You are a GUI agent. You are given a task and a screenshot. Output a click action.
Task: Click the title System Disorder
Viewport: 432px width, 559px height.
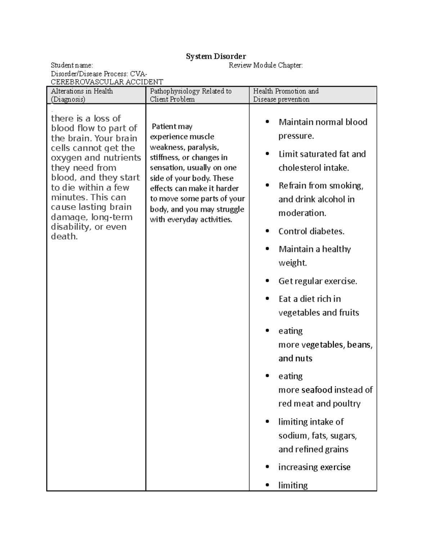[216, 56]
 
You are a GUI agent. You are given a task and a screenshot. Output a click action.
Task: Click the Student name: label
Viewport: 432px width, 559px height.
[72, 65]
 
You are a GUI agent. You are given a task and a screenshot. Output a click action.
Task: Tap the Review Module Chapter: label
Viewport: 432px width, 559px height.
[266, 65]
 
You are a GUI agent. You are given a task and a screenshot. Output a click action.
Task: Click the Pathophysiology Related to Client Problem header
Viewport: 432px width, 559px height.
[190, 95]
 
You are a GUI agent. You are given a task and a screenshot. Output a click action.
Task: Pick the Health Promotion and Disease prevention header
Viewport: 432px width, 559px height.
[285, 95]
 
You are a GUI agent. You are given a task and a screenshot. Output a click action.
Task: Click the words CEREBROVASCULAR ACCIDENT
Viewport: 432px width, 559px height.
[107, 82]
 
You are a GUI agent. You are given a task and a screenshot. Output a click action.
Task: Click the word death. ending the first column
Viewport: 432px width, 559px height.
[64, 236]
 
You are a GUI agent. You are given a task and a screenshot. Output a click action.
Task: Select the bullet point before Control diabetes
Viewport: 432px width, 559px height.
[267, 231]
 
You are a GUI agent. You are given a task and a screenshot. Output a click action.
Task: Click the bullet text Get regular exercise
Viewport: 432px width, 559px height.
[318, 281]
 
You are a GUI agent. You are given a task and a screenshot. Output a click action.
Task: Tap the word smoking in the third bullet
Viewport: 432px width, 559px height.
[346, 186]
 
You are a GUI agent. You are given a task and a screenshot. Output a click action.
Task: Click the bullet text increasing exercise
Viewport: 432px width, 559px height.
[314, 467]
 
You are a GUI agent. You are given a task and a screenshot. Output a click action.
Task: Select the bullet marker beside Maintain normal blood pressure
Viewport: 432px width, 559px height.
[267, 122]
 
